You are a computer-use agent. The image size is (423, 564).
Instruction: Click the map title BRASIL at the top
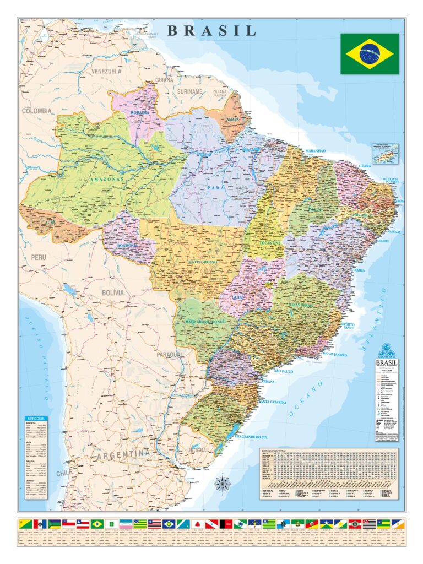pyautogui.click(x=211, y=30)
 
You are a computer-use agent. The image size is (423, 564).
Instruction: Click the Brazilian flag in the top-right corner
pyautogui.click(x=369, y=53)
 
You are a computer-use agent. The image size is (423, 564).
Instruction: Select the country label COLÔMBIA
pyautogui.click(x=37, y=111)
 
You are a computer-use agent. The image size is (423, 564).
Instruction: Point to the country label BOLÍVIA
pyautogui.click(x=112, y=293)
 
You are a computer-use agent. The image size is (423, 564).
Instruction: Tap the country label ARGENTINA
pyautogui.click(x=123, y=454)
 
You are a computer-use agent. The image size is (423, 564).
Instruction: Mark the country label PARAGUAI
pyautogui.click(x=169, y=355)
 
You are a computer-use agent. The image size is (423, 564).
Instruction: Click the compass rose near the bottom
pyautogui.click(x=223, y=484)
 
